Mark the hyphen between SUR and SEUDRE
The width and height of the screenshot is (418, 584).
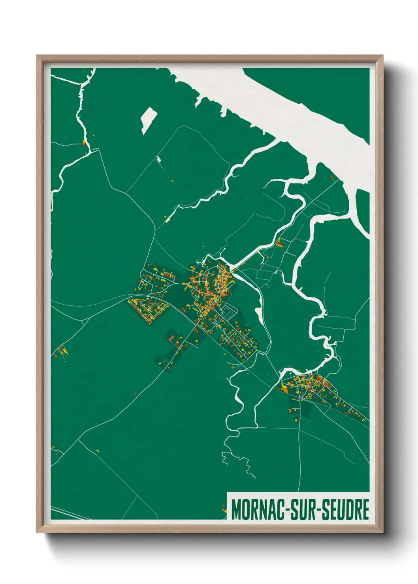(319, 510)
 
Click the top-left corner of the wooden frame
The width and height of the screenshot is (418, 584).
(38, 56)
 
